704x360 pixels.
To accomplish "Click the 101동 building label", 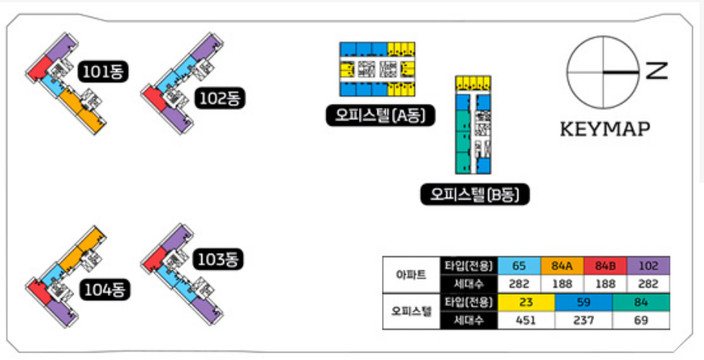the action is [104, 72].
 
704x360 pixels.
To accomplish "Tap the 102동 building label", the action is [221, 98].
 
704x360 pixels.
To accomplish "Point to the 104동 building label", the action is [104, 289].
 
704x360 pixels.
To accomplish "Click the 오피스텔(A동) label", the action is [380, 116].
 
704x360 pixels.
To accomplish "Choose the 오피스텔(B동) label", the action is [475, 195].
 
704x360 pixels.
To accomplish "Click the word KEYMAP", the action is [605, 129].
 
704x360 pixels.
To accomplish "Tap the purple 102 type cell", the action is [649, 266].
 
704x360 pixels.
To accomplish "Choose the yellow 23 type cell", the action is [525, 302].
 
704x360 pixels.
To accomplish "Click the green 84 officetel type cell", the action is [641, 302].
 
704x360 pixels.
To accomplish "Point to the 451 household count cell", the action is [525, 320].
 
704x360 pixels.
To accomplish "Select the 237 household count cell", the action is [583, 320].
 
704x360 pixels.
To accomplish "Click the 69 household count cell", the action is [641, 320].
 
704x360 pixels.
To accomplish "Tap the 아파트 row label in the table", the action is [411, 275].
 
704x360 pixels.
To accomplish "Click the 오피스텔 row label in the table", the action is [411, 311].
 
